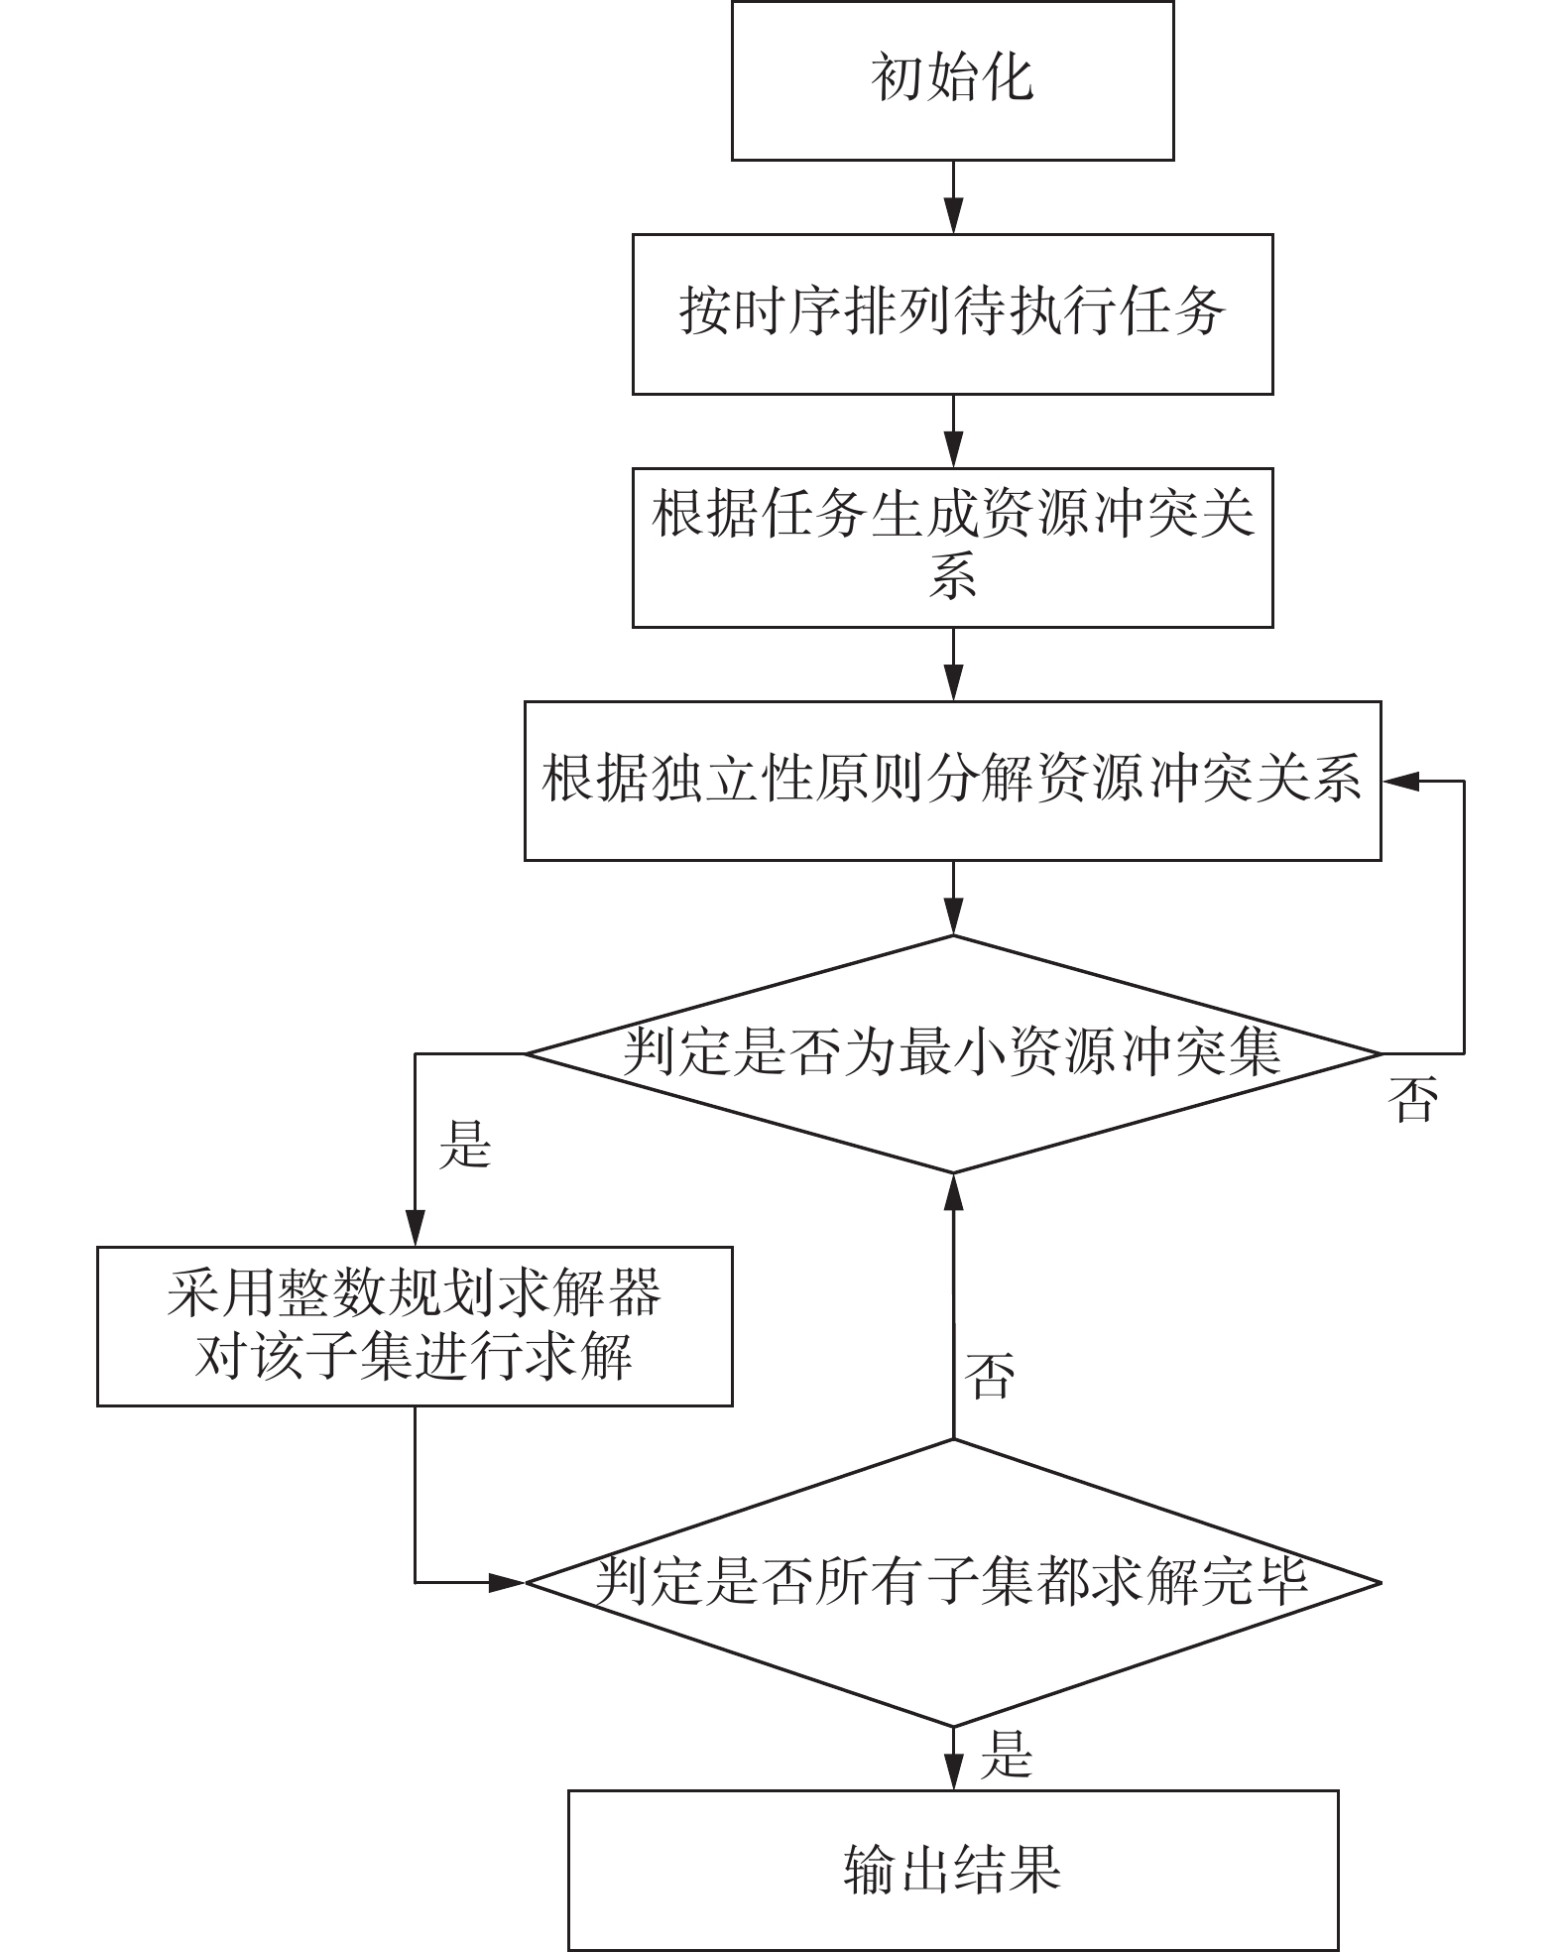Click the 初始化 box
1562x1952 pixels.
click(952, 80)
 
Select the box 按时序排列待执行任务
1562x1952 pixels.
click(952, 314)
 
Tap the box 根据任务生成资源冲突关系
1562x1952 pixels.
click(952, 548)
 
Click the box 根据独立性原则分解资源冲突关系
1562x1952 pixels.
click(952, 781)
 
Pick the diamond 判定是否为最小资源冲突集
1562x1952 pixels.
click(952, 1053)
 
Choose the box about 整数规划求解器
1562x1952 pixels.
click(415, 1326)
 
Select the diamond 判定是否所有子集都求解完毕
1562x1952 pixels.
click(952, 1583)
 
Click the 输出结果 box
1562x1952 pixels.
click(953, 1870)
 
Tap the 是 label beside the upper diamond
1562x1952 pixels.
click(465, 1144)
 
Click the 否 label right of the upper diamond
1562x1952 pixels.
click(1412, 1099)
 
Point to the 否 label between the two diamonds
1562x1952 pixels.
click(990, 1374)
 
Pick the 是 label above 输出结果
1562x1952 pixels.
click(1007, 1754)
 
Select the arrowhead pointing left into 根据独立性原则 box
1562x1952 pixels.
click(1399, 782)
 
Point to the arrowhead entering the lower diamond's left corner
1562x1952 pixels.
click(507, 1583)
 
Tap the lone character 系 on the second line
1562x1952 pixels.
click(953, 576)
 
